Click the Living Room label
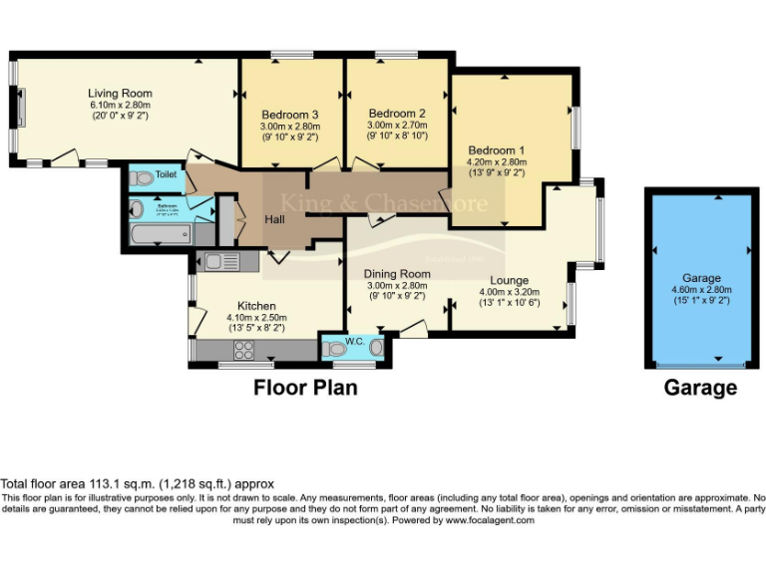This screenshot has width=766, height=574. coord(120,94)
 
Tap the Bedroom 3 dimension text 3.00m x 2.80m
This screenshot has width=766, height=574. coord(289,127)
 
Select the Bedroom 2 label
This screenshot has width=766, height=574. coord(397,114)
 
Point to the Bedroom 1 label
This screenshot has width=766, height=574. coord(497,150)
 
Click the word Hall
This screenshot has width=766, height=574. coord(276,219)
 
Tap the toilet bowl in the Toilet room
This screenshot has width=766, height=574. coord(142,178)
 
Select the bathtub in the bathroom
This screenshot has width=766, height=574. coord(161,236)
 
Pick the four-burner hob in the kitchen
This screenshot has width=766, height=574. coord(244,350)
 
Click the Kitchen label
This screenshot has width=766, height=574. coord(256,306)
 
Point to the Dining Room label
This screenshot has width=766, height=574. coord(396,274)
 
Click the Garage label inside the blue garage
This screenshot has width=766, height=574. coord(701,278)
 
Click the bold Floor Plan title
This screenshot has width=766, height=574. coord(305,388)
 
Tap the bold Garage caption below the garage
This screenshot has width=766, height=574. coord(700,388)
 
